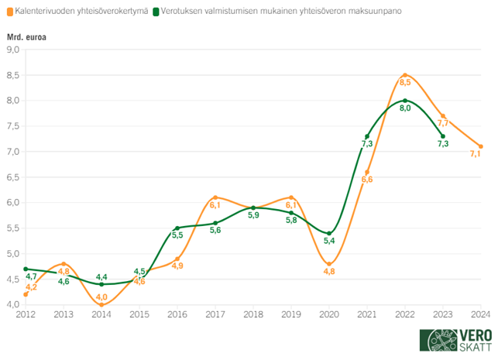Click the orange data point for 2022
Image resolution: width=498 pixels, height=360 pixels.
coord(404,75)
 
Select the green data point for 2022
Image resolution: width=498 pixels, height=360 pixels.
coord(404,101)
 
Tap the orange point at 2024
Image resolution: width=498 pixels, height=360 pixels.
coord(481,146)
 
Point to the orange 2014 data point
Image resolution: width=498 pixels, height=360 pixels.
coord(101,304)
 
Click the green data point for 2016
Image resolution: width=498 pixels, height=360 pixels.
coord(177,228)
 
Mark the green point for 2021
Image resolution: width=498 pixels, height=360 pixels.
coord(367,136)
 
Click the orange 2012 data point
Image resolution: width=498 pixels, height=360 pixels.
coord(26,294)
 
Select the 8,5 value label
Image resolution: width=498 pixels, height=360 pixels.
coord(404,81)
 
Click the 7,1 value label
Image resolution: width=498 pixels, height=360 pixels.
coord(476,154)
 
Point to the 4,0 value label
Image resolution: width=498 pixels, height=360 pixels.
coord(101,296)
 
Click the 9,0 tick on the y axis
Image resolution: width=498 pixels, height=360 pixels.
coord(13,50)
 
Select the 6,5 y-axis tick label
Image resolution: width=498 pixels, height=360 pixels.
coord(13,177)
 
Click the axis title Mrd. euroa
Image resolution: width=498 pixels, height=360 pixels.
coord(26,37)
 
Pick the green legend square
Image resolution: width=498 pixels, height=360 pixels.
coord(157,12)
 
